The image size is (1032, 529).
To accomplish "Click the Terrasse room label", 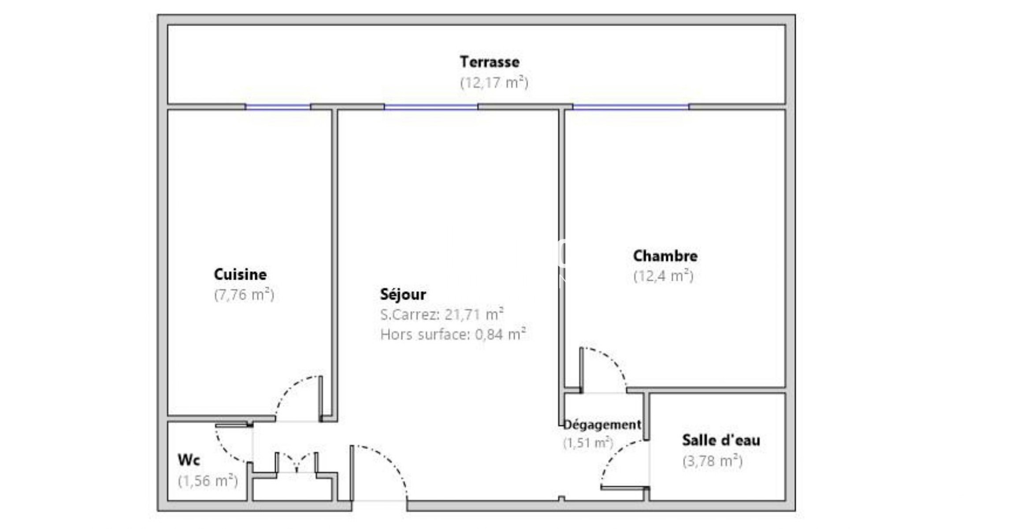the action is tap(490, 62).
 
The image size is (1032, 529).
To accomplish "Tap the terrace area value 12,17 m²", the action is tap(494, 82).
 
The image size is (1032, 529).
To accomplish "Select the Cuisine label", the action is tap(240, 274).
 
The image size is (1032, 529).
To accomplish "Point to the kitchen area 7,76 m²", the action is tap(244, 294).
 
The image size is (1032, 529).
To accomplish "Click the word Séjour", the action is tap(403, 294).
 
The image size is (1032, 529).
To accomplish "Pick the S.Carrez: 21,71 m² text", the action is tap(442, 314).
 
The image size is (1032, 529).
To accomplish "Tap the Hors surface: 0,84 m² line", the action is tap(453, 334).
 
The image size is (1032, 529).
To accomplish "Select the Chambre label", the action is tap(665, 256).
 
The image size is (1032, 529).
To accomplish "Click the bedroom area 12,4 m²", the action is tap(664, 276).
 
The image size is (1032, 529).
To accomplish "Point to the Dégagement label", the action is tap(602, 425).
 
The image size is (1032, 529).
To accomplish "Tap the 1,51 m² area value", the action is tap(588, 443).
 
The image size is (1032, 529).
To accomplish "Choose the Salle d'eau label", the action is tap(721, 440).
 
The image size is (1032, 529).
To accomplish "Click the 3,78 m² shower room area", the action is tap(713, 461).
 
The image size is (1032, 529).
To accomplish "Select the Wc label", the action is tap(189, 460).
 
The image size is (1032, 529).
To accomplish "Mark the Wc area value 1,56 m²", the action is tap(208, 481).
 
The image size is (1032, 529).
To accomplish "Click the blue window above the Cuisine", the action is tap(278, 107).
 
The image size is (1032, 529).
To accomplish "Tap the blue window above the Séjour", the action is tap(431, 107).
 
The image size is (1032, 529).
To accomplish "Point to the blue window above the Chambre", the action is tap(631, 107).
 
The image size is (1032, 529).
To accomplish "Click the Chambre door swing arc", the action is tap(613, 359).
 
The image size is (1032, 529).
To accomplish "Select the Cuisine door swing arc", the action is tap(289, 387).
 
